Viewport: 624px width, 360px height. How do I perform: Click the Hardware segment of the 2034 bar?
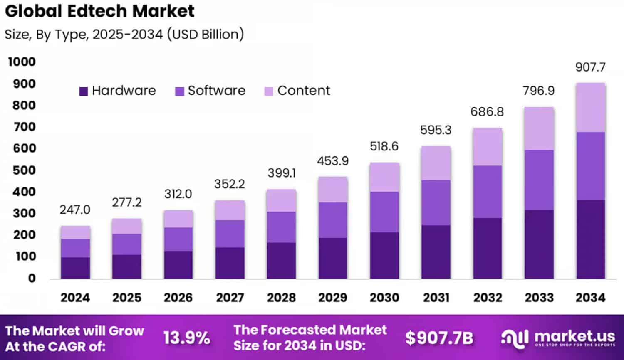[590, 239]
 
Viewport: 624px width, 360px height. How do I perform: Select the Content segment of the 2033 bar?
[539, 128]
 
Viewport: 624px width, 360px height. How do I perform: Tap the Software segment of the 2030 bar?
[384, 212]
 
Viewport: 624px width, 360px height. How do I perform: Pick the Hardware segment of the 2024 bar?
[75, 268]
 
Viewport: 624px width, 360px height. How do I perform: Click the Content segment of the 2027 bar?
[230, 210]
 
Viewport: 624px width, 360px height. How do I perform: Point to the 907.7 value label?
[590, 67]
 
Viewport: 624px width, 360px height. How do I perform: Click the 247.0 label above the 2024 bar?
[75, 210]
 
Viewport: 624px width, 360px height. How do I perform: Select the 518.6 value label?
[384, 146]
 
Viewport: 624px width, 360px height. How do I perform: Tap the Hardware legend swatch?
[84, 91]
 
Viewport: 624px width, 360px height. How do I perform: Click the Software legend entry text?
[216, 91]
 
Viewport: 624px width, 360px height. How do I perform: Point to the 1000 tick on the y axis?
[22, 62]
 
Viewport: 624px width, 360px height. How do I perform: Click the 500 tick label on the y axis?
[24, 170]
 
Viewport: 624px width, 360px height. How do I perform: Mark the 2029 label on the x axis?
[333, 298]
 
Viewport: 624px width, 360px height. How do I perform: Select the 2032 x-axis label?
[488, 298]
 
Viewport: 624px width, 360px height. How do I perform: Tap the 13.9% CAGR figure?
[186, 338]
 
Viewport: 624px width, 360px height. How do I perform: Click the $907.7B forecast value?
[439, 338]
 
